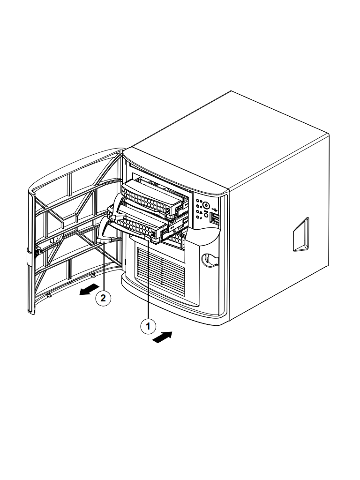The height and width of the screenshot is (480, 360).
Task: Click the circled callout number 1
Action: [x=148, y=326]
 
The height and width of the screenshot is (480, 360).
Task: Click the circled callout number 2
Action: [x=103, y=298]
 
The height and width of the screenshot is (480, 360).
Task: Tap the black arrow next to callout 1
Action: [x=162, y=337]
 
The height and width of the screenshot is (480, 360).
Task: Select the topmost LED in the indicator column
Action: [x=198, y=201]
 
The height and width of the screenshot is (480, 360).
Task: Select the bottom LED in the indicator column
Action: [x=198, y=217]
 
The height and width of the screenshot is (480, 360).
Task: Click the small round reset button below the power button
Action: [x=206, y=216]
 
